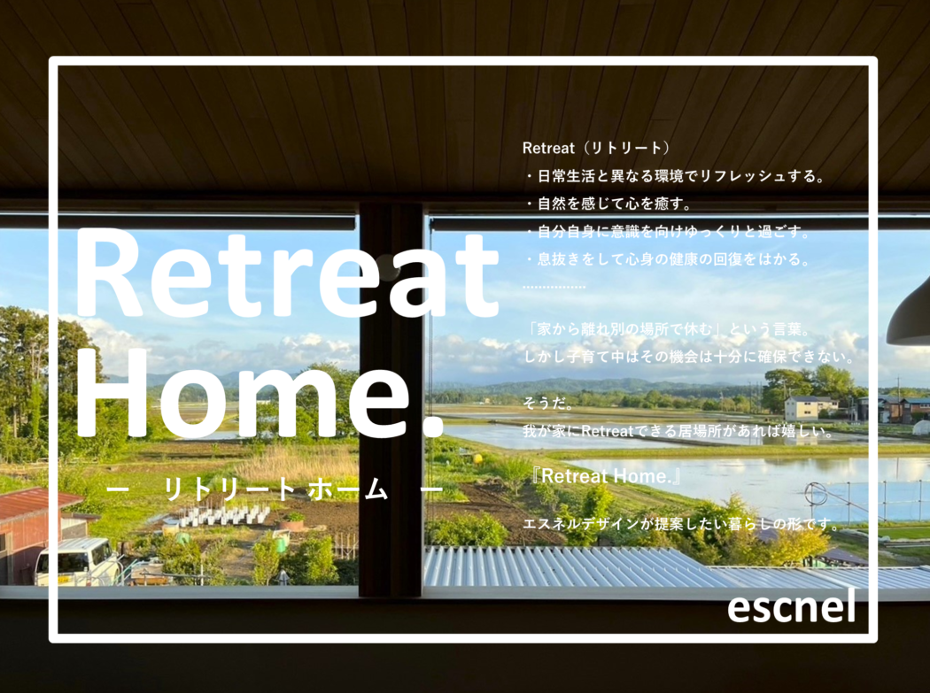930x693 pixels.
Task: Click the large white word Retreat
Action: point(287,273)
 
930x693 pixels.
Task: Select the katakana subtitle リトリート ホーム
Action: point(275,489)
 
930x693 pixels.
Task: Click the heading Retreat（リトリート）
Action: point(596,148)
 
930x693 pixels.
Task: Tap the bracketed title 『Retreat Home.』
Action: point(606,476)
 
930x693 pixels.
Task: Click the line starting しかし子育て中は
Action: point(688,357)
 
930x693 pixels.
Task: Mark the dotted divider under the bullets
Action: point(554,287)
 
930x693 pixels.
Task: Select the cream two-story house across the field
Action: point(810,408)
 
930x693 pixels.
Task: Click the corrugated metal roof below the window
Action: point(623,568)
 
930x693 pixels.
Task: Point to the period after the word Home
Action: point(434,427)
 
